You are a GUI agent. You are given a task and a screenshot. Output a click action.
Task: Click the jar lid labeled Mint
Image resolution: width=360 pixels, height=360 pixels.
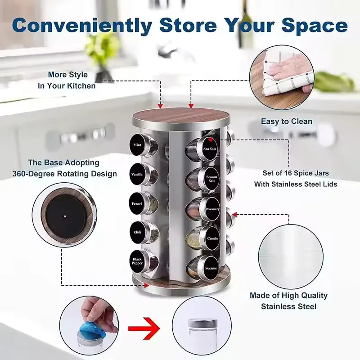(x=137, y=145)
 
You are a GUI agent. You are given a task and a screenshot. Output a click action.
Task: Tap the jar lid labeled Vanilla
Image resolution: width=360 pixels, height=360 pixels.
(x=137, y=174)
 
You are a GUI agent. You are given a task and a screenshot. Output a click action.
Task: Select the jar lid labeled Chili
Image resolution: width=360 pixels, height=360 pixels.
(x=137, y=232)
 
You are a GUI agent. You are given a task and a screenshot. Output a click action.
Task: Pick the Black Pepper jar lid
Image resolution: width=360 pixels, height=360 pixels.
(x=137, y=261)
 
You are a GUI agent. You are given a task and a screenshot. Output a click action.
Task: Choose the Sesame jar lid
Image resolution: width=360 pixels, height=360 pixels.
(x=211, y=268)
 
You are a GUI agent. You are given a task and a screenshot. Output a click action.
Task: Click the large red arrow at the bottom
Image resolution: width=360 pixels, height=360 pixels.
(x=144, y=330)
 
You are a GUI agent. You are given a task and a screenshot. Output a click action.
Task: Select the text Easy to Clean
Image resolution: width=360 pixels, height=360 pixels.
(x=287, y=121)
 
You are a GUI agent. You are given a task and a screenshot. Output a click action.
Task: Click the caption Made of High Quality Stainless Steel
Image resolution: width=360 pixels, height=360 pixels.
(x=288, y=301)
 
